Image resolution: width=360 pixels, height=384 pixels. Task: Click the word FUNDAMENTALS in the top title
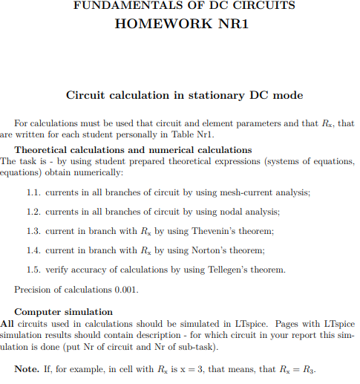point(121,6)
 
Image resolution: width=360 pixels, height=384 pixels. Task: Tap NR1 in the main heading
point(229,24)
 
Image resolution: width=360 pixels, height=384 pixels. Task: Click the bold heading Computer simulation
point(64,312)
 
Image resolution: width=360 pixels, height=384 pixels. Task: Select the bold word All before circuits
point(7,323)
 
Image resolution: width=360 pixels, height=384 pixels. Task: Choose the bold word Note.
point(27,369)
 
